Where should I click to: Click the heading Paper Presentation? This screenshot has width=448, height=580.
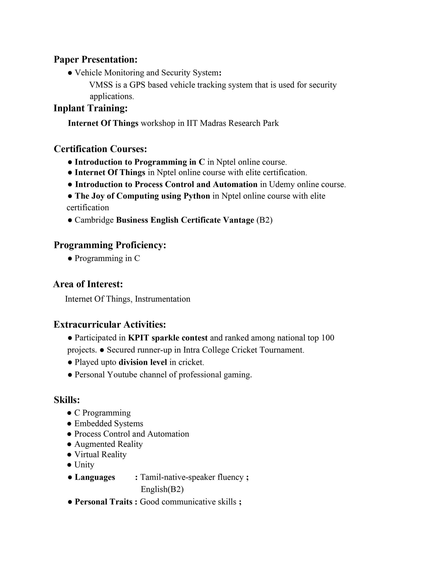[x=95, y=60]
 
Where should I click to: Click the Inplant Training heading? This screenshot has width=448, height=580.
[x=91, y=108]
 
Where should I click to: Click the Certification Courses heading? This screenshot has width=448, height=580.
[x=100, y=149]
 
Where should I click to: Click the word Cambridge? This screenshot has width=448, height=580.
[x=94, y=220]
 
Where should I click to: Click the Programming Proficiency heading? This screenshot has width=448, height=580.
[x=110, y=245]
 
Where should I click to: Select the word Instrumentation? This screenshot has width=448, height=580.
[x=163, y=299]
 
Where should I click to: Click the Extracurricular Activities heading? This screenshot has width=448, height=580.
[x=110, y=324]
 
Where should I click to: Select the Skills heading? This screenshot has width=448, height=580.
[x=67, y=400]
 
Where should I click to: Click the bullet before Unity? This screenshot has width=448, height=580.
[x=70, y=465]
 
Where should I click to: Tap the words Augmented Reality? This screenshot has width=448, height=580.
[x=108, y=444]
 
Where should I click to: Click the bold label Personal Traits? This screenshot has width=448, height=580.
[x=104, y=502]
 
